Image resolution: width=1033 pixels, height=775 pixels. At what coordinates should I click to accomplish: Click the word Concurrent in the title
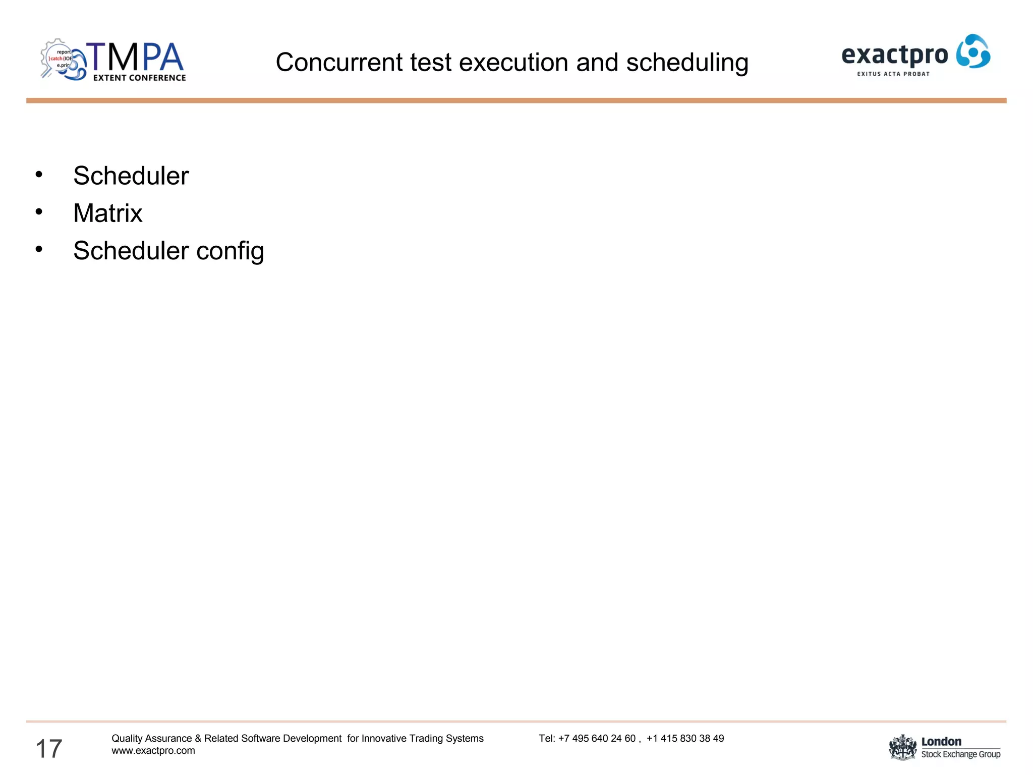coord(339,63)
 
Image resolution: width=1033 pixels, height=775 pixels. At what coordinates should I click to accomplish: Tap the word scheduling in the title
coord(687,64)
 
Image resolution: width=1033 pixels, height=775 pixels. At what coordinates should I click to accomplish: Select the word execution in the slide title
coord(512,63)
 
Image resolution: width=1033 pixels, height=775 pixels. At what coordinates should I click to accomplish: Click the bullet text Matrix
coord(107,213)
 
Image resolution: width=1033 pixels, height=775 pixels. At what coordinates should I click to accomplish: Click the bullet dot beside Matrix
coord(39,212)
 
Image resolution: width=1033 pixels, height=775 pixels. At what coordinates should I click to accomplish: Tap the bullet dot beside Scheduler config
coord(39,249)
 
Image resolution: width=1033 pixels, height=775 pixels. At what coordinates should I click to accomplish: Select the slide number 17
coord(49,748)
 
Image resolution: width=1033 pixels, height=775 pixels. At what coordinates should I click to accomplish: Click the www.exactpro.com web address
coord(153,751)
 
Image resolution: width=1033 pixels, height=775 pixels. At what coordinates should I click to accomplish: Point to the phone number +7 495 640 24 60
coord(597,739)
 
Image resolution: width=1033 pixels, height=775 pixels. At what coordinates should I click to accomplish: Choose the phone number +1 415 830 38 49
coord(685,739)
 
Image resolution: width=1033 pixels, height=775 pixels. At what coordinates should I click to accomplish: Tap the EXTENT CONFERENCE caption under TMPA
coord(139,78)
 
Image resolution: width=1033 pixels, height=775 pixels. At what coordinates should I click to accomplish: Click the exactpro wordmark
coord(894,55)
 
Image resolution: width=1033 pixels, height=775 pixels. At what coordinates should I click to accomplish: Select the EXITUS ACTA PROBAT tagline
coord(893,74)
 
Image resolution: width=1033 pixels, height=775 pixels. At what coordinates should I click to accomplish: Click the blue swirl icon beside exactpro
coord(973,51)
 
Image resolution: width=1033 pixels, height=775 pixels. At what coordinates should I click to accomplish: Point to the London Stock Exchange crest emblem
coord(902,747)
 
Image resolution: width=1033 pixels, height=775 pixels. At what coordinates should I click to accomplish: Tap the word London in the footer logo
coord(941,741)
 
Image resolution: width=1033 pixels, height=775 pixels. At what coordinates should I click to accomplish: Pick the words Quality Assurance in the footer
coord(151,739)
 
